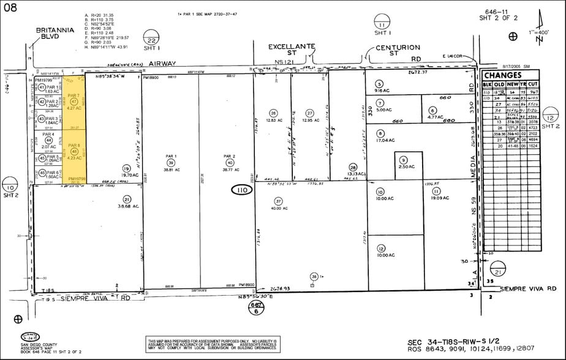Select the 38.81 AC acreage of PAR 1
(x=171, y=168)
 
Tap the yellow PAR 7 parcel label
(x=74, y=96)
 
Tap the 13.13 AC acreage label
(x=353, y=174)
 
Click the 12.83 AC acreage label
(x=273, y=120)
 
